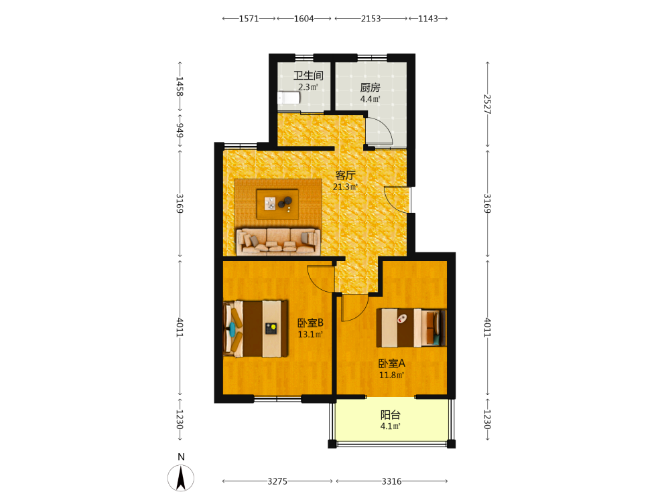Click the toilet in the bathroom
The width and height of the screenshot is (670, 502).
point(289,98)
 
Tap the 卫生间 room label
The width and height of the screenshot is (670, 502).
point(308,76)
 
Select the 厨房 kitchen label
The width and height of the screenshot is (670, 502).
point(370,88)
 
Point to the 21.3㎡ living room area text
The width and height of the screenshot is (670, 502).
point(345,187)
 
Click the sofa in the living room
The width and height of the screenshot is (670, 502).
point(278,242)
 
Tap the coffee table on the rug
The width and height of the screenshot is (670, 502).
point(277,204)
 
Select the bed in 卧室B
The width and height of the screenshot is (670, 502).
point(255,329)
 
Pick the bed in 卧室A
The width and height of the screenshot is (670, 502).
point(411,328)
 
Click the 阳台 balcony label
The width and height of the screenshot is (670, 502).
point(391,414)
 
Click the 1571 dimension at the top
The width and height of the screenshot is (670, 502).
point(249,18)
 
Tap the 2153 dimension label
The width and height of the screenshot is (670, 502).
point(371,18)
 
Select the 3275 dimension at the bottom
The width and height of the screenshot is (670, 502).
point(277,481)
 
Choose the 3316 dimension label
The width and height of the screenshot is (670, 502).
point(391,481)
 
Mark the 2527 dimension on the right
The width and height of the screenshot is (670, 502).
point(487,104)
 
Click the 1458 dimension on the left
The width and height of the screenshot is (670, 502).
point(180,86)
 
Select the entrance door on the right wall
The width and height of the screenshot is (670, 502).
point(397,199)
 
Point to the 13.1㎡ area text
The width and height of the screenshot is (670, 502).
point(310,334)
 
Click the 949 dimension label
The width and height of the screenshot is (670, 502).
point(180,131)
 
